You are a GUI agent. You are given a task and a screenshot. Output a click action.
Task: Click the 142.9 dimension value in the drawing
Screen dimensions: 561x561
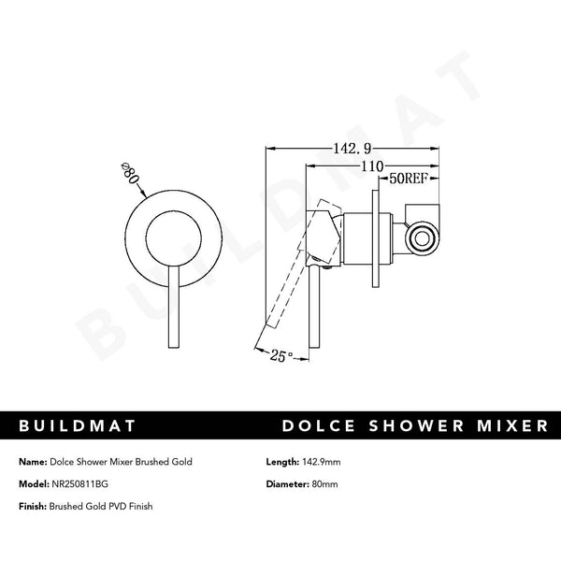click(x=353, y=149)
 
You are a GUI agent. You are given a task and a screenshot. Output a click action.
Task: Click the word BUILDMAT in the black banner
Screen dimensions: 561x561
click(x=79, y=426)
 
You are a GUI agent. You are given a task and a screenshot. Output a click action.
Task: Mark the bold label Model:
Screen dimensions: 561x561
click(x=35, y=484)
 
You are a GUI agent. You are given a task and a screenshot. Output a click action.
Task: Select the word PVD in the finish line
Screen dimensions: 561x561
click(x=116, y=506)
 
